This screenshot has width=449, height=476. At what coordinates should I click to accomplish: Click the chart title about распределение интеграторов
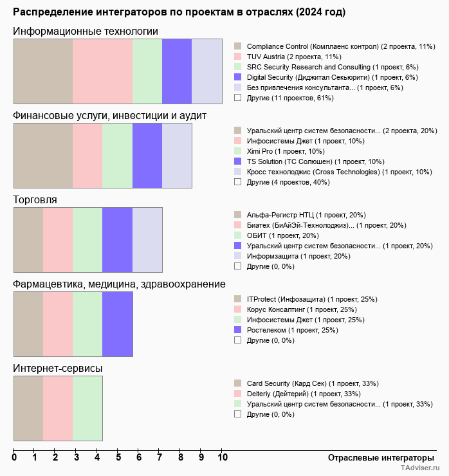tap(179, 12)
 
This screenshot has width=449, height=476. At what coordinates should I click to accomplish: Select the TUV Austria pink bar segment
tap(102, 71)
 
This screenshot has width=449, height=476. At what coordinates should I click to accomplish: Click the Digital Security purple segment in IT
tap(177, 71)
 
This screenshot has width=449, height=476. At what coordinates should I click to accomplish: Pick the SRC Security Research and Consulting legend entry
tap(333, 67)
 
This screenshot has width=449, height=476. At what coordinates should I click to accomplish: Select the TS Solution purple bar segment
tap(147, 155)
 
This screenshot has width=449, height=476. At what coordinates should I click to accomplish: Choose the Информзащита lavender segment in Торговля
tap(147, 239)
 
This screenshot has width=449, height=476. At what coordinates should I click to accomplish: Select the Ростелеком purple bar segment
tap(118, 324)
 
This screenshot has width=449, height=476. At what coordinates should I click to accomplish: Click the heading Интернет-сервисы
tap(58, 368)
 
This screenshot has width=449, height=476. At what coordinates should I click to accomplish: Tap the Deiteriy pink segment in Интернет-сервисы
tap(58, 408)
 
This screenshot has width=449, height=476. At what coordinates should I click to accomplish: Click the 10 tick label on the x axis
tap(223, 458)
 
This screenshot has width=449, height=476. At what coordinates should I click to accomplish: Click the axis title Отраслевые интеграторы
tap(377, 457)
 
